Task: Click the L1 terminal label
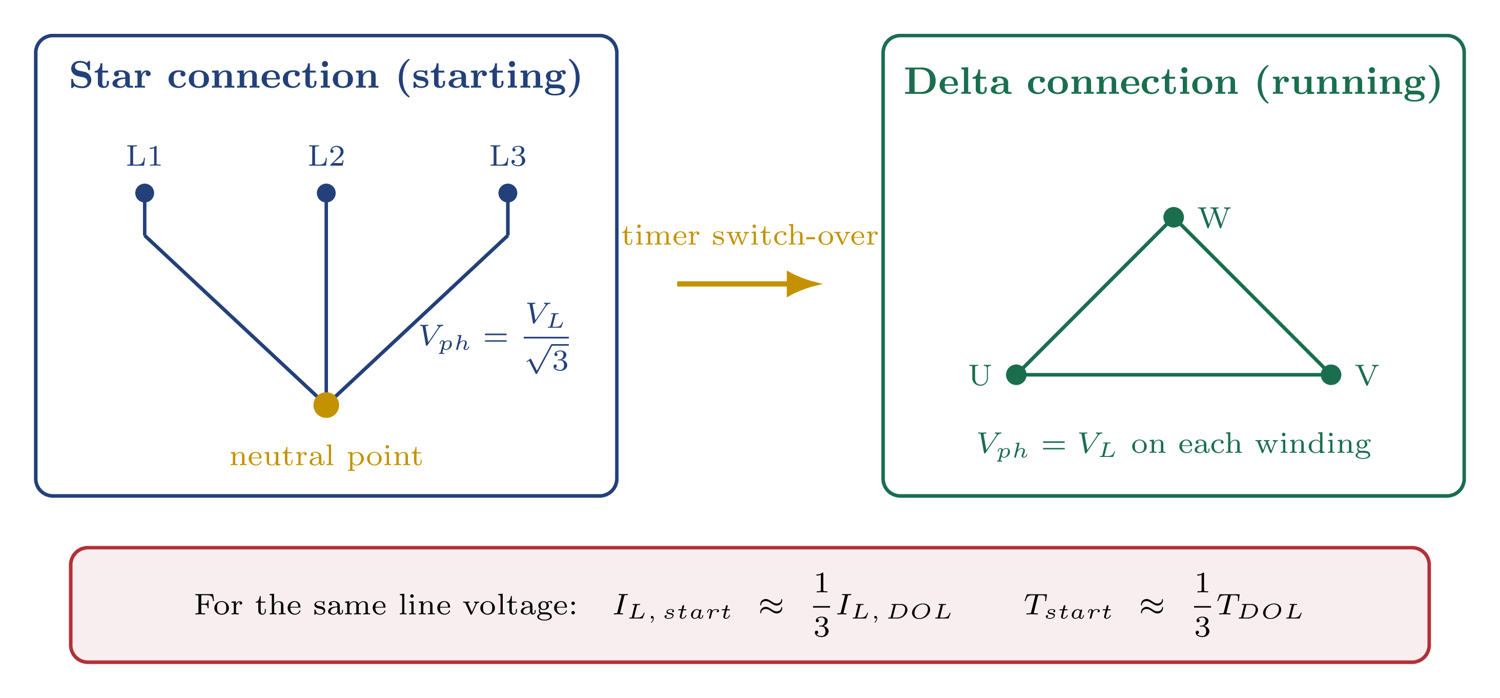point(144,156)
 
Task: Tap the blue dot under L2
point(326,193)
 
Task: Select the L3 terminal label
point(508,156)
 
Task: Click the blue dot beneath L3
point(508,193)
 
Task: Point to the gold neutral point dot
point(326,405)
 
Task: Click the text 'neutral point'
point(326,456)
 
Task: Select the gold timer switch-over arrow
point(748,284)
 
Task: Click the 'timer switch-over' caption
point(749,236)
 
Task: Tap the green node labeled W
point(1174,217)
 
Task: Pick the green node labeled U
point(1016,374)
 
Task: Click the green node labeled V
point(1331,374)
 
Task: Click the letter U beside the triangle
point(980,375)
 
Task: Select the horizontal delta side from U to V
point(1174,374)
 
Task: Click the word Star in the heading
point(110,76)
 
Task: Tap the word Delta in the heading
point(957,82)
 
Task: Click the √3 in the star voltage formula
point(548,360)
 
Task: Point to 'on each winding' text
point(1251,444)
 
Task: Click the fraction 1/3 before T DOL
point(1202,605)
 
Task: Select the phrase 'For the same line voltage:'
point(385,605)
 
